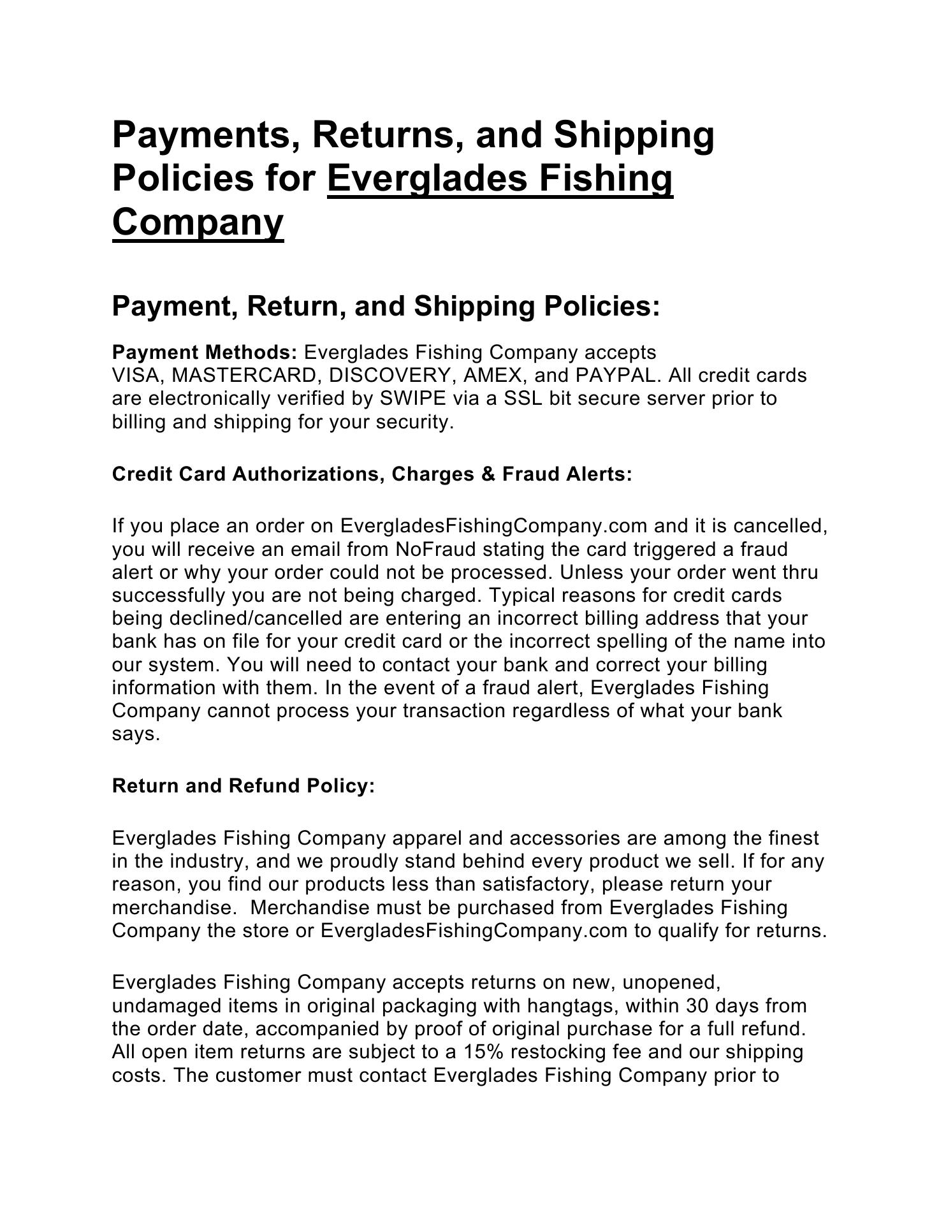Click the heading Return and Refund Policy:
(x=244, y=786)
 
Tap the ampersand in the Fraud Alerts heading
(x=490, y=474)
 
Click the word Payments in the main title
(x=199, y=135)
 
